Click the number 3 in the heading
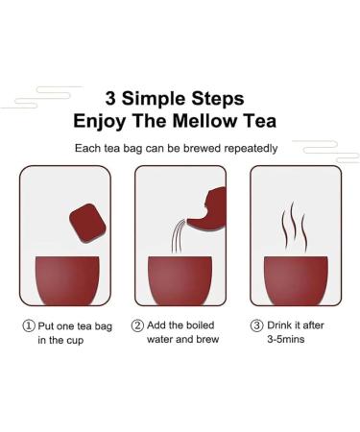coord(110,98)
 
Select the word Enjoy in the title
coord(100,122)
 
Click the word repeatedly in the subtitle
coord(251,149)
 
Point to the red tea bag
coord(87,223)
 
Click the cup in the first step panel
coord(67,280)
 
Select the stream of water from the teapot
coord(178,237)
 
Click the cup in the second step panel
coord(180,280)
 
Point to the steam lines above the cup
coord(294,228)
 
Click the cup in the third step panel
coord(296,280)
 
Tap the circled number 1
coord(29,325)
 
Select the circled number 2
coord(137,325)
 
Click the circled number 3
coord(256,325)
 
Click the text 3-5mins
coord(286,339)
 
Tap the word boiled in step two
coord(200,325)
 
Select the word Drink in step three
coord(279,325)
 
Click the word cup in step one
coord(75,341)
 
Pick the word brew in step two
coord(207,339)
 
